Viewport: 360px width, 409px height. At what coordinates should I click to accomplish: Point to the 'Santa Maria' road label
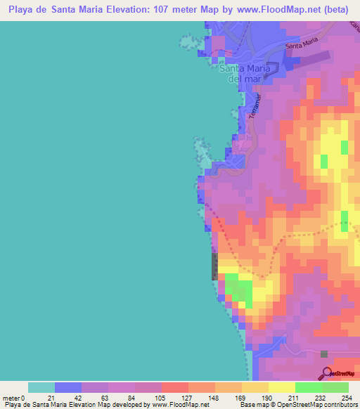pyautogui.click(x=298, y=46)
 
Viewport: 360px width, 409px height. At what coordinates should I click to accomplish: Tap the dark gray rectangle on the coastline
pyautogui.click(x=214, y=266)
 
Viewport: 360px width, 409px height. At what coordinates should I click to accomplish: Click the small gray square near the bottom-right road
pyautogui.click(x=324, y=354)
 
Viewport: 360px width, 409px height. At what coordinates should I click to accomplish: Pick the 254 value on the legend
pyautogui.click(x=347, y=397)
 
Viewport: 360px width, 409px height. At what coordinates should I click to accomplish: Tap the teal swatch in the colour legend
pyautogui.click(x=41, y=387)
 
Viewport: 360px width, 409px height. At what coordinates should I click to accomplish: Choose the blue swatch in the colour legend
pyautogui.click(x=68, y=387)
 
